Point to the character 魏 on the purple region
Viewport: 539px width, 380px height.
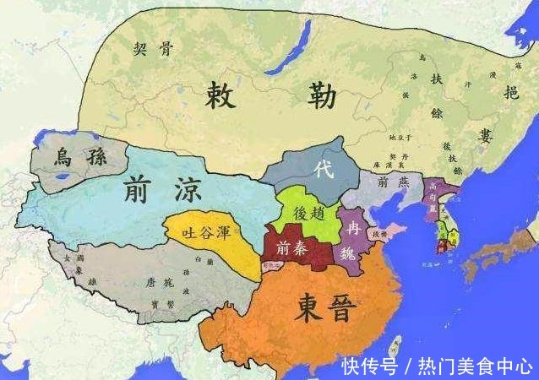356,251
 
